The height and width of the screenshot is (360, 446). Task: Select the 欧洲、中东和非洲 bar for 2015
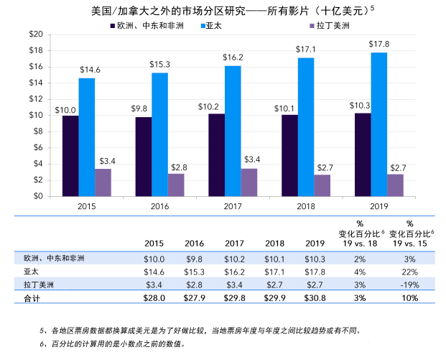(x=70, y=155)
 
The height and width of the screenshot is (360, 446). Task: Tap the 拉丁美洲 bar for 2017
(x=249, y=182)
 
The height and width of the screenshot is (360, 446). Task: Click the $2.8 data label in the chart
(x=176, y=167)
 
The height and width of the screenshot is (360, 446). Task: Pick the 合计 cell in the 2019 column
(x=316, y=297)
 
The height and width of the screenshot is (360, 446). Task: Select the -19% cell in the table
(x=411, y=285)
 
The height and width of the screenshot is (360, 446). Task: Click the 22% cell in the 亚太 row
(x=411, y=272)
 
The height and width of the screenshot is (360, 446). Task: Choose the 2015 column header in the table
(x=154, y=242)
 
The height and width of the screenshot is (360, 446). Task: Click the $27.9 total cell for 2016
(x=195, y=297)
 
